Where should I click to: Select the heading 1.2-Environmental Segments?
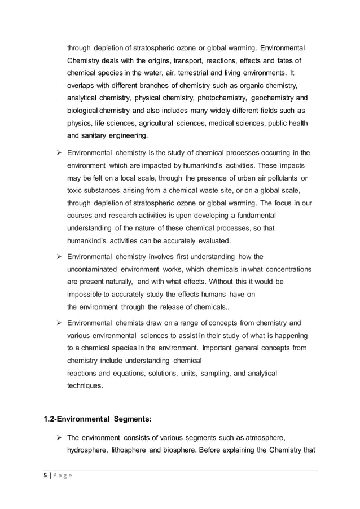coord(96,419)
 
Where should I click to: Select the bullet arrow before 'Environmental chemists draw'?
coord(58,323)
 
